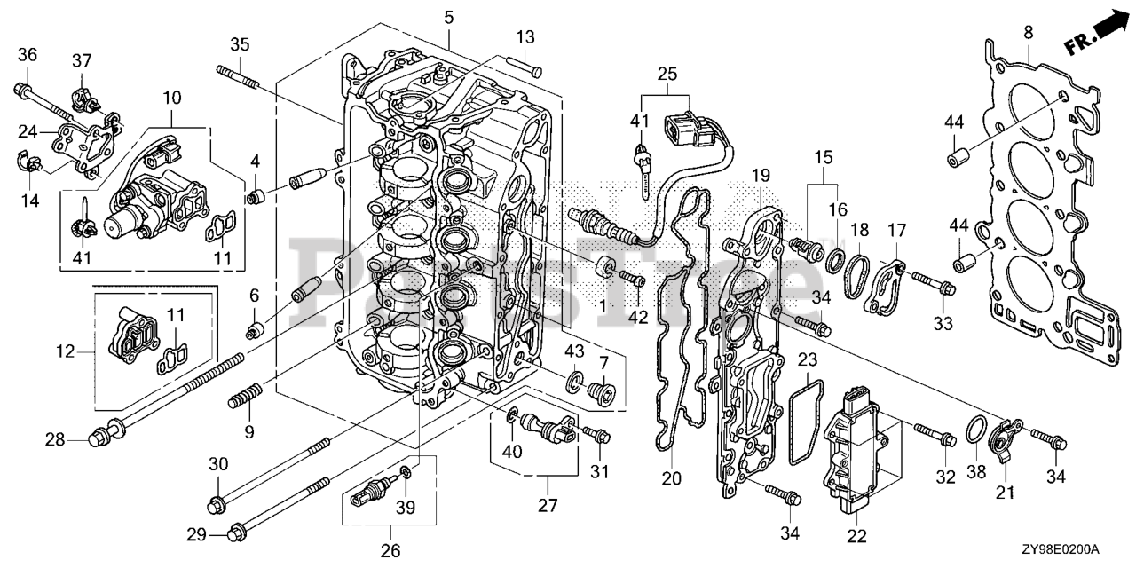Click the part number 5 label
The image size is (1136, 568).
(x=449, y=17)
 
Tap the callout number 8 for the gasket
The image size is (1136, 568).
(x=1028, y=33)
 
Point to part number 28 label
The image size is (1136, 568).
(x=55, y=438)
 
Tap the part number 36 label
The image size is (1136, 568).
(x=28, y=55)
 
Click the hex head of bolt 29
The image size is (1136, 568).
(x=237, y=532)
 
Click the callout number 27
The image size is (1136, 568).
(x=547, y=505)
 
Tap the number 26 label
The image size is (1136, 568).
(x=390, y=551)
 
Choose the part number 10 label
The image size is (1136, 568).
(x=171, y=96)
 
